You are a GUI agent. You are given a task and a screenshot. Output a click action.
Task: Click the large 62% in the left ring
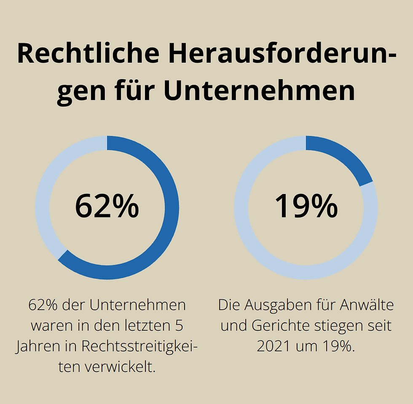click(x=107, y=206)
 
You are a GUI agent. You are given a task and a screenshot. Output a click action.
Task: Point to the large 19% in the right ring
click(x=306, y=206)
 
